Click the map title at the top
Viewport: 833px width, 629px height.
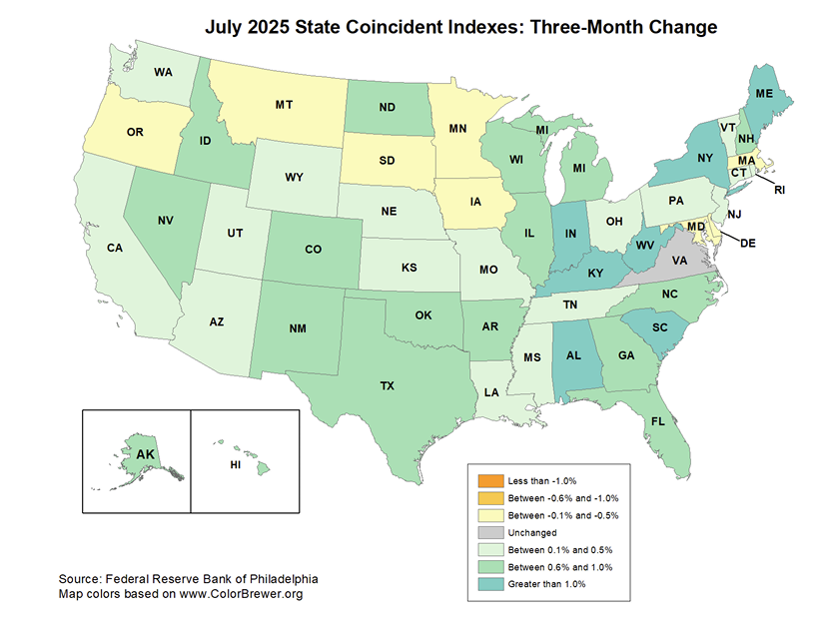(x=461, y=27)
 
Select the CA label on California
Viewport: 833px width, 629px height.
(x=115, y=248)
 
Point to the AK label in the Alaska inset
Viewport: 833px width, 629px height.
(x=146, y=455)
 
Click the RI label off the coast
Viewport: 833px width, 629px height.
(x=780, y=190)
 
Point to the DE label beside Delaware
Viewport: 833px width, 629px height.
(x=747, y=241)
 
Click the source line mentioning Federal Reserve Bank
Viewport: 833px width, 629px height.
(x=188, y=579)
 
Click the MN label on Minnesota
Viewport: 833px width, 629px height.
(x=458, y=129)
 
